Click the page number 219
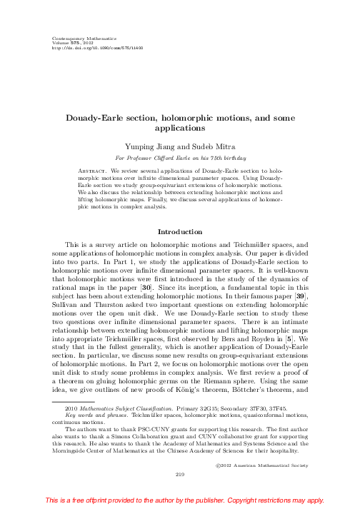(180, 471)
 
